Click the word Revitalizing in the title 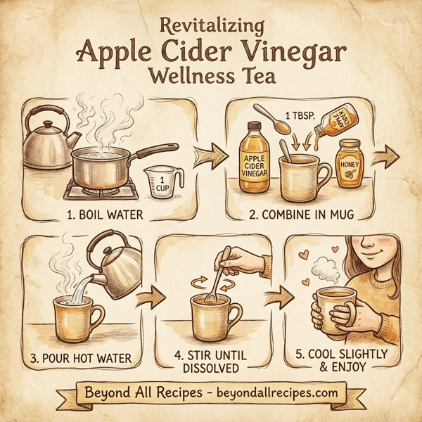point(211,26)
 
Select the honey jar point(349,163)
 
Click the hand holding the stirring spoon point(246,261)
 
